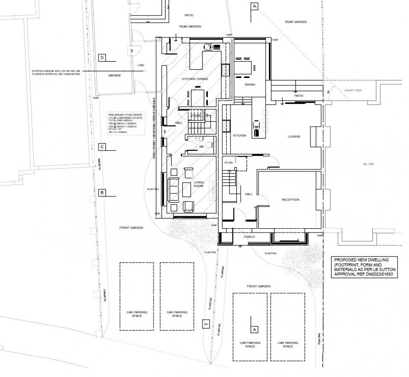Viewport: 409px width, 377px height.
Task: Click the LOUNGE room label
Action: click(294, 136)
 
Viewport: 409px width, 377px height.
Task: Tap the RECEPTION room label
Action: click(290, 199)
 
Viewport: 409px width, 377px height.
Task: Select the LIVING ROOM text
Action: click(199, 184)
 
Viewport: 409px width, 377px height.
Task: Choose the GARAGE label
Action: click(114, 76)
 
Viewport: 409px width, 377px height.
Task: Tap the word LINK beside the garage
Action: click(141, 65)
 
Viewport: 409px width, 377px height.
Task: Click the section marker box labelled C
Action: click(102, 146)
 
